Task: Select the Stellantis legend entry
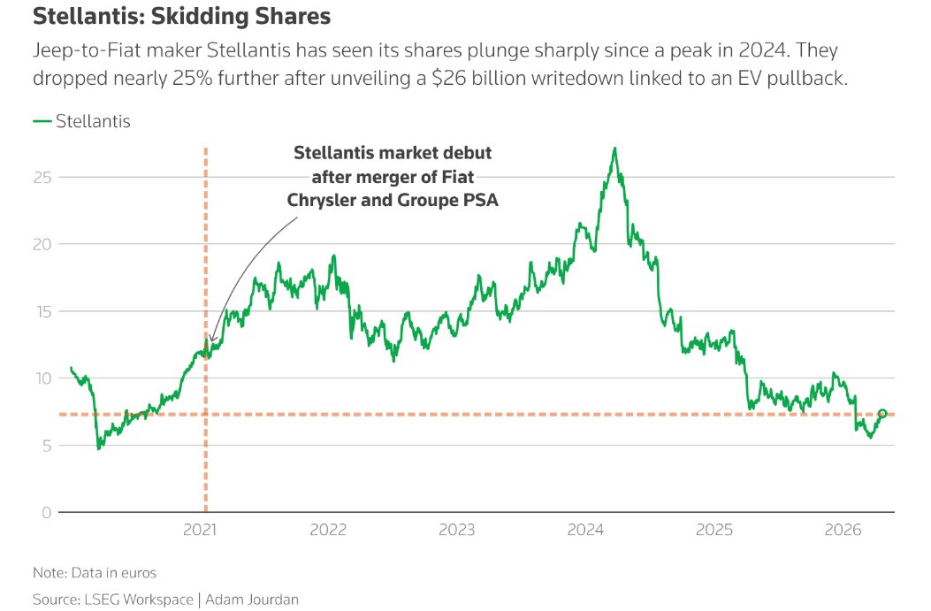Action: (x=81, y=122)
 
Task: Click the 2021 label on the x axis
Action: (x=200, y=530)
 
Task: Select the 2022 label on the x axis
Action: (x=328, y=530)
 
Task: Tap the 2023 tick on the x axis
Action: (x=457, y=530)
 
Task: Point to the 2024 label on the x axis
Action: (x=585, y=530)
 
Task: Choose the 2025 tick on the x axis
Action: (x=714, y=530)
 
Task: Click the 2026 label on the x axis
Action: (x=843, y=530)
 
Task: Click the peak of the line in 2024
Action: (x=614, y=149)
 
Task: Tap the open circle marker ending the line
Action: (x=882, y=414)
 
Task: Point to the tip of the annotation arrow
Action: (x=211, y=342)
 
